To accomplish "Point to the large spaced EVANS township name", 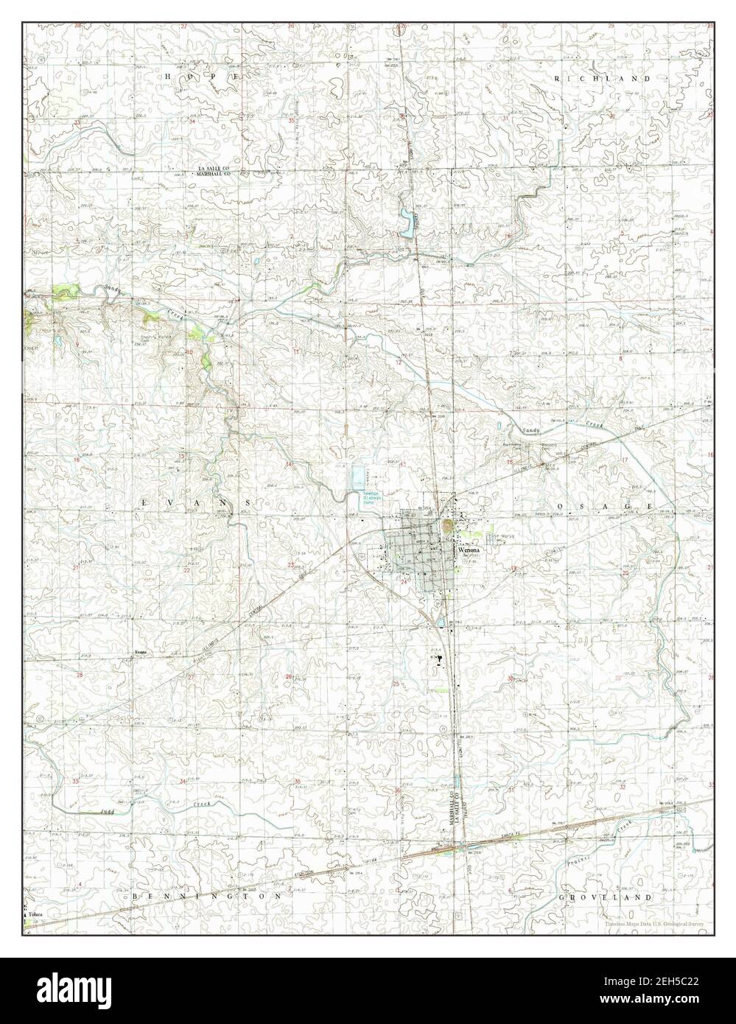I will [x=200, y=501].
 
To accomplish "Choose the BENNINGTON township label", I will [x=207, y=897].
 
